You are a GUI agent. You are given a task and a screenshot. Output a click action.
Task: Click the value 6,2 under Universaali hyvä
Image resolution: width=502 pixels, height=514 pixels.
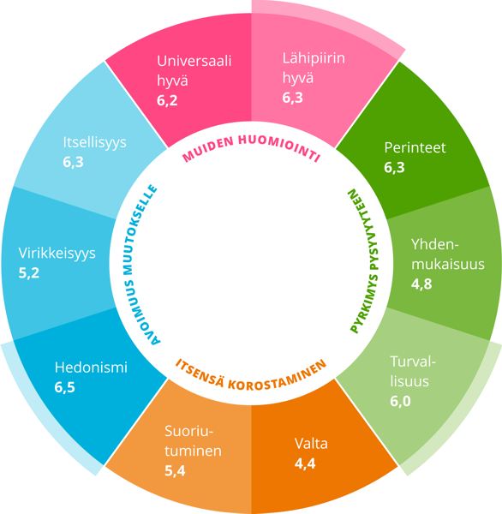click(167, 100)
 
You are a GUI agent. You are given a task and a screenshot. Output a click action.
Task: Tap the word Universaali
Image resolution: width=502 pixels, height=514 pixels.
click(194, 61)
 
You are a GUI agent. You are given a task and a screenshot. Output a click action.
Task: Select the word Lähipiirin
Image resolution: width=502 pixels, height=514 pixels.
click(314, 58)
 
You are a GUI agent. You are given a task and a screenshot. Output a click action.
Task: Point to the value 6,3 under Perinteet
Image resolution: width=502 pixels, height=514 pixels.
click(394, 168)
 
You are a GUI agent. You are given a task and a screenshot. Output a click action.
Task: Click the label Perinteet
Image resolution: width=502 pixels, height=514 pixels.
click(415, 148)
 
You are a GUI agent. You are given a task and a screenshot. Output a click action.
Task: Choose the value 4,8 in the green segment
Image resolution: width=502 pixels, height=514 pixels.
click(421, 284)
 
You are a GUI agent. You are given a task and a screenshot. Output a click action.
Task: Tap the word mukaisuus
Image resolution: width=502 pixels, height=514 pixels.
click(448, 264)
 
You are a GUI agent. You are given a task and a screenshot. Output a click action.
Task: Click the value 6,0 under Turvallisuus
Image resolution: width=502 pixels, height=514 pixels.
click(400, 401)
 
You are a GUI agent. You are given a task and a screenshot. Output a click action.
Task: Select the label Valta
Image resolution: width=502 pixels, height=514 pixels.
click(311, 444)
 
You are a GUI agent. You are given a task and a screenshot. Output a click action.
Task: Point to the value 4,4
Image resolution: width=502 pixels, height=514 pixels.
click(305, 463)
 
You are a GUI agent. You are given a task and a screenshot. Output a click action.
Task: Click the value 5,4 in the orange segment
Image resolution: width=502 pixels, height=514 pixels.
click(175, 470)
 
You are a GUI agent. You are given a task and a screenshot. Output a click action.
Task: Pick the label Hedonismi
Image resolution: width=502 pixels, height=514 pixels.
click(91, 368)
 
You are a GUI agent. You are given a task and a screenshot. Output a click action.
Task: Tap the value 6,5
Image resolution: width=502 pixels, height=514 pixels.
click(64, 387)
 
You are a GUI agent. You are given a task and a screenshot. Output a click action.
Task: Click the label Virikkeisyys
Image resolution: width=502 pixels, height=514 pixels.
click(57, 254)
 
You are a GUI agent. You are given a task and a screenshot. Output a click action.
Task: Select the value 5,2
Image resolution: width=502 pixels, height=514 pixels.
click(29, 273)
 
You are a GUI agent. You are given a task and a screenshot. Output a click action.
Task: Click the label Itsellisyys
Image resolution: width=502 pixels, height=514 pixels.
click(95, 143)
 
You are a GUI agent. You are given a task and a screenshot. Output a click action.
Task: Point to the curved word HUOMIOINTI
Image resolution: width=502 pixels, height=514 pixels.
click(279, 146)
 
